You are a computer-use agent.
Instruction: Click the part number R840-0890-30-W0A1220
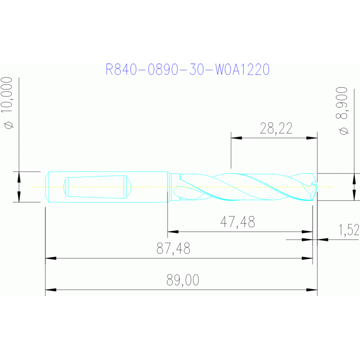pyautogui.click(x=188, y=69)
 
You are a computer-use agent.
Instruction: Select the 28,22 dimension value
pyautogui.click(x=276, y=128)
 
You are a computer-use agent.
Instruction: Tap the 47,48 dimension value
pyautogui.click(x=237, y=222)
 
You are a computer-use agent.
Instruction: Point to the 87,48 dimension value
pyautogui.click(x=173, y=248)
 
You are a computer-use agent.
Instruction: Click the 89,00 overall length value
pyautogui.click(x=183, y=280)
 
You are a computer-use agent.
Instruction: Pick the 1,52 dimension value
pyautogui.click(x=349, y=230)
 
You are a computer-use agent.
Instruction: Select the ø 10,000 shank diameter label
pyautogui.click(x=8, y=103)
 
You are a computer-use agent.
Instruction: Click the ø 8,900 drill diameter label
pyautogui.click(x=342, y=111)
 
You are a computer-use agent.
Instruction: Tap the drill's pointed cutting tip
pyautogui.click(x=317, y=187)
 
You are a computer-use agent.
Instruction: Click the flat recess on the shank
pyautogui.click(x=97, y=187)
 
